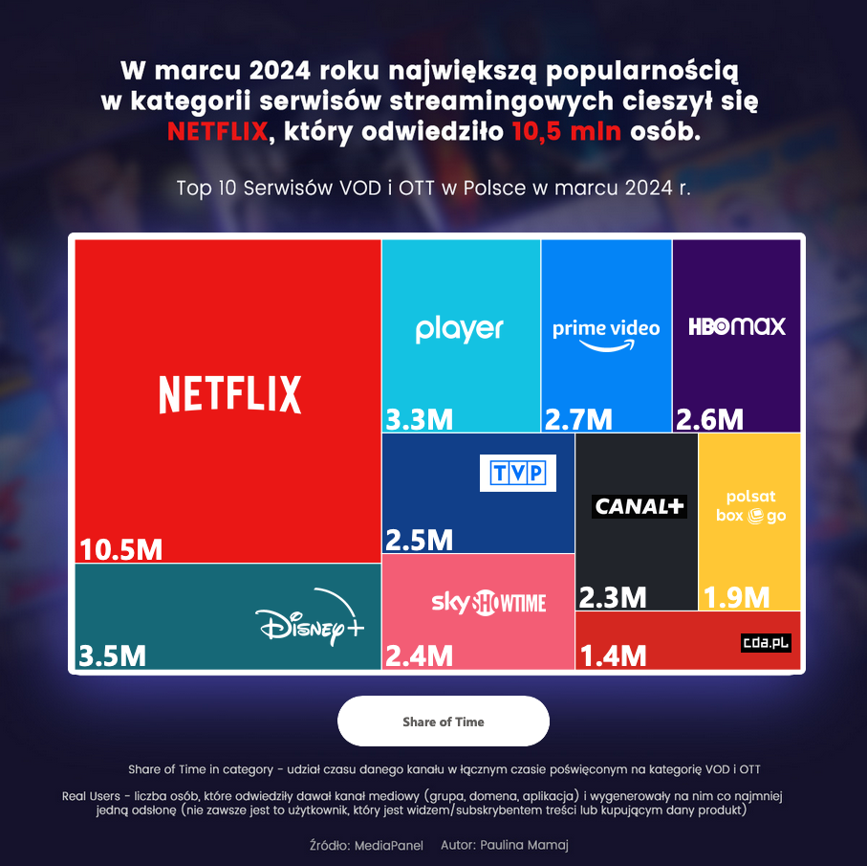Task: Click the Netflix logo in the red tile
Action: (x=229, y=394)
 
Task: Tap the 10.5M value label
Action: (x=121, y=550)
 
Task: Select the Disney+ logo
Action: (x=312, y=623)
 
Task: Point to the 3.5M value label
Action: (x=113, y=656)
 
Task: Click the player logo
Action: (x=459, y=329)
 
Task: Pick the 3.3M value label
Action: (x=420, y=419)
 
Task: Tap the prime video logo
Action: (x=606, y=334)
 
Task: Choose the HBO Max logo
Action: (x=737, y=326)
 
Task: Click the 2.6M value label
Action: (x=709, y=419)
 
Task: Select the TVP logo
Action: (x=517, y=473)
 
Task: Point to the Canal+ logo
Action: (x=639, y=506)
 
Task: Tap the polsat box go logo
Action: (x=751, y=507)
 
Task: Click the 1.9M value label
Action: (x=737, y=597)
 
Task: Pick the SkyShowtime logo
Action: (x=488, y=603)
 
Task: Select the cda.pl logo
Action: (x=767, y=642)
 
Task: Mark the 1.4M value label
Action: (x=614, y=655)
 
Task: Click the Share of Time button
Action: (x=444, y=722)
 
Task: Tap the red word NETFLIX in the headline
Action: (x=217, y=131)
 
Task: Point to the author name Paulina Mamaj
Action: (x=525, y=846)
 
